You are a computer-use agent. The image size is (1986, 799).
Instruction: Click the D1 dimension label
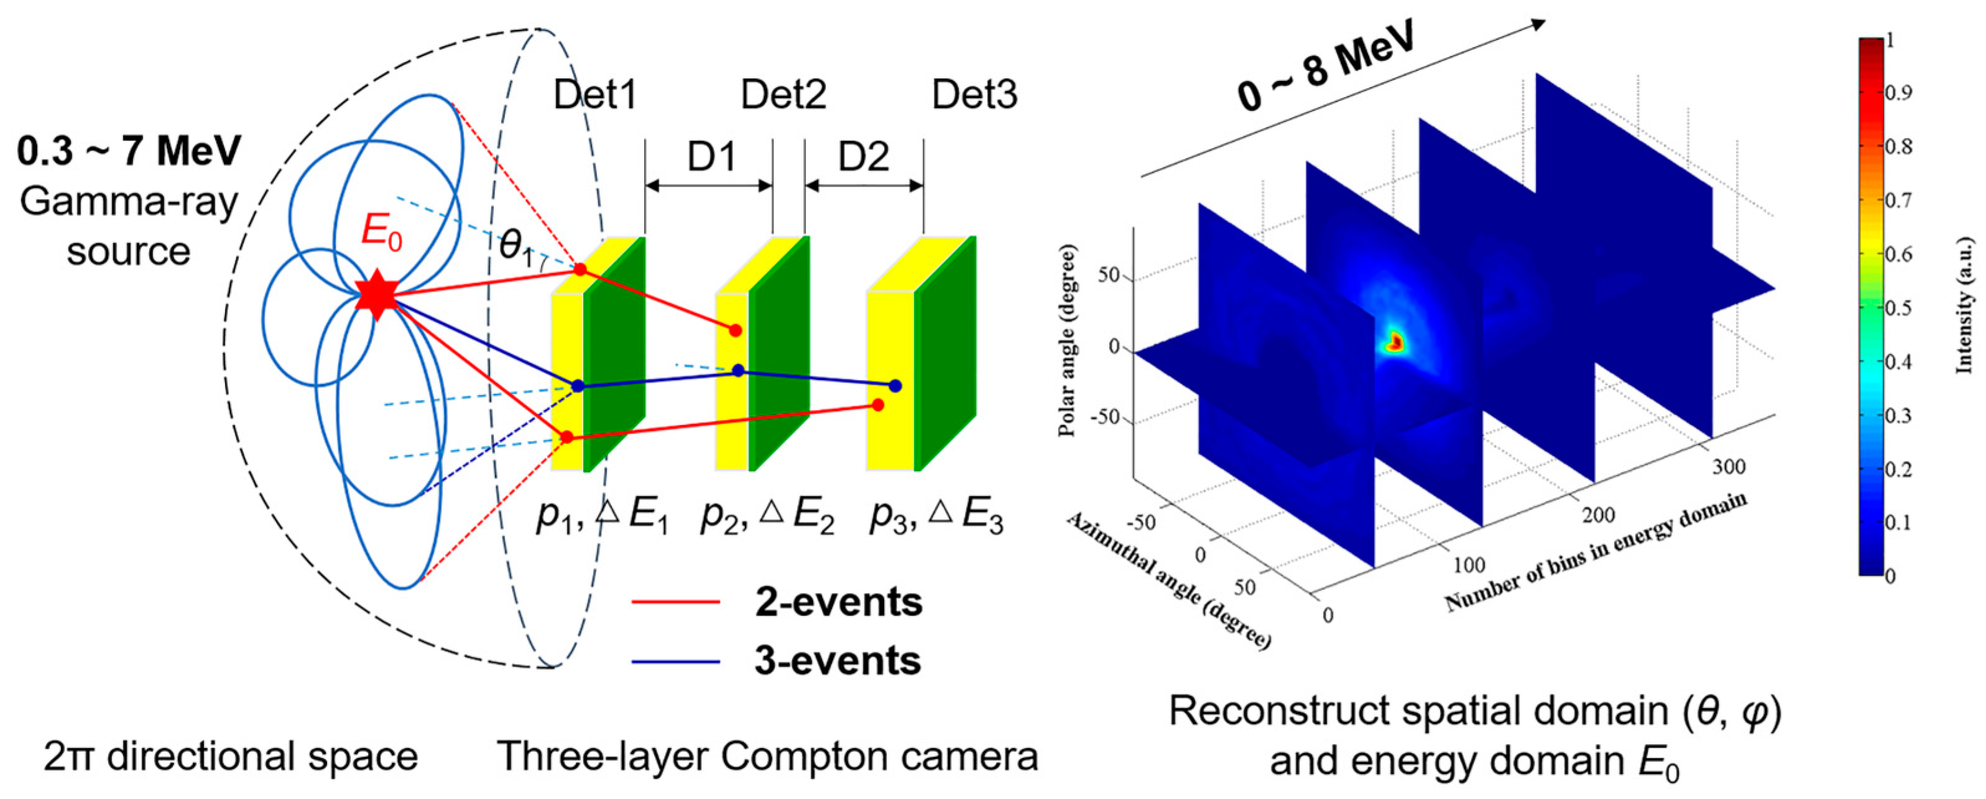point(711,158)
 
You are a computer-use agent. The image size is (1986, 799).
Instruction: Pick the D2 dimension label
point(864,158)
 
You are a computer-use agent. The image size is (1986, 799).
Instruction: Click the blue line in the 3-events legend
point(675,661)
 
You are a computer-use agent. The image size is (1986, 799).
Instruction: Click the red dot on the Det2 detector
point(736,330)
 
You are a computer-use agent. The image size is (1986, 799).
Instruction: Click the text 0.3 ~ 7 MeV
point(129,151)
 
